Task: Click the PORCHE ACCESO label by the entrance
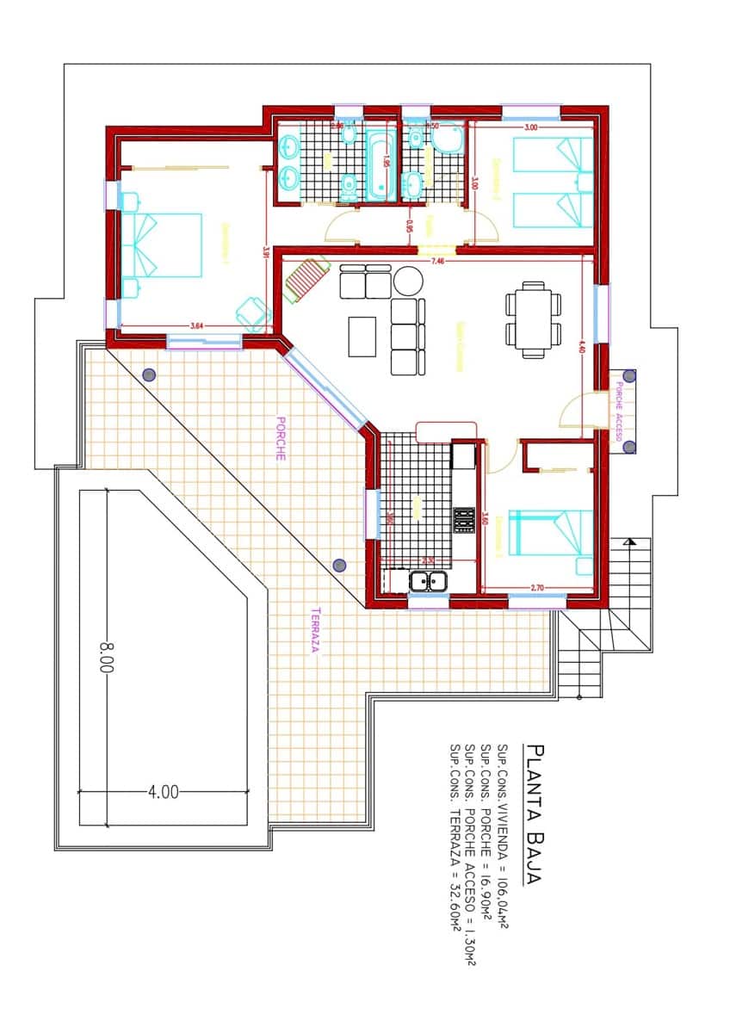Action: [x=620, y=411]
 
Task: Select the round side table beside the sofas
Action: [x=407, y=281]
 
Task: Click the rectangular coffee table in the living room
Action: [x=362, y=337]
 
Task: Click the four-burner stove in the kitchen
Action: [x=465, y=520]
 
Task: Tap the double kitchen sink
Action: [x=428, y=582]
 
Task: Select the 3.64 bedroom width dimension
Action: [x=196, y=325]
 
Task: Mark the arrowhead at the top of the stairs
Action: [x=633, y=541]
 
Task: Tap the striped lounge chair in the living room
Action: [x=306, y=280]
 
